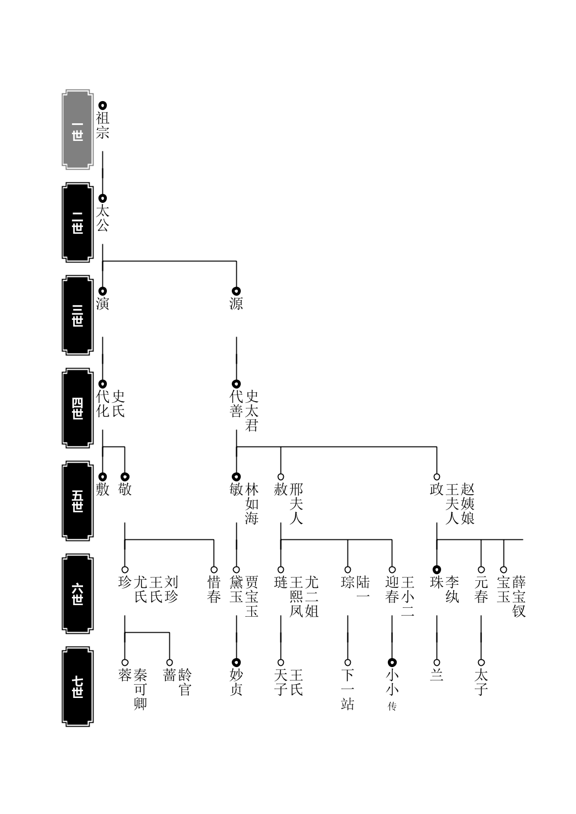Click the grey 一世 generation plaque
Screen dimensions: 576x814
[x=77, y=129]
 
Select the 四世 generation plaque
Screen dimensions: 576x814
[x=77, y=408]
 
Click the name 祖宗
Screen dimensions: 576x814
[x=102, y=125]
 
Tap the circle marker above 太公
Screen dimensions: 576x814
[x=103, y=198]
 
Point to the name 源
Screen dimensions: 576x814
[x=236, y=303]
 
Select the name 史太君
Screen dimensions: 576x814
[x=251, y=411]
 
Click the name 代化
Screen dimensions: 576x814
[x=102, y=404]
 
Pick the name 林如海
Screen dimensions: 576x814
[x=251, y=504]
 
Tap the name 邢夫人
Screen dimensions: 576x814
[x=296, y=504]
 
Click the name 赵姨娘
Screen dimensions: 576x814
[x=468, y=504]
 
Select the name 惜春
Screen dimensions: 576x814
[x=214, y=590]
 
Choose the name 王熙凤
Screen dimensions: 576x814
[x=296, y=597]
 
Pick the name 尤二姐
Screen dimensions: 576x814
[x=312, y=597]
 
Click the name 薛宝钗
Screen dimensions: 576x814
[x=519, y=597]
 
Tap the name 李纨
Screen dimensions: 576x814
[x=452, y=590]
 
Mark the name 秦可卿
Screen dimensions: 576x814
[x=141, y=690]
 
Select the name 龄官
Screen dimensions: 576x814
[x=185, y=682]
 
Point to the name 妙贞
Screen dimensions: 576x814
[x=236, y=682]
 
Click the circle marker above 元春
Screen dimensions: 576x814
[x=481, y=570]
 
